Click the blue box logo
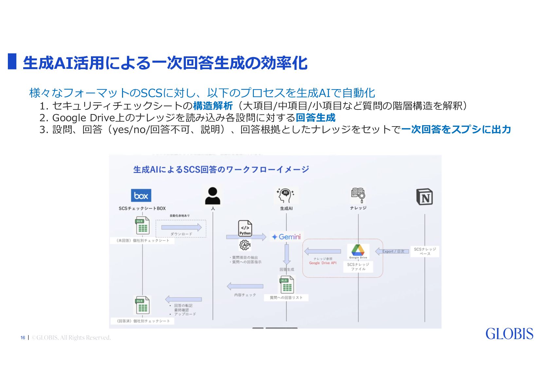[141, 196]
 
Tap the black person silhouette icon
[213, 196]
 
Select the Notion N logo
[424, 197]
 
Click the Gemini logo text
[286, 237]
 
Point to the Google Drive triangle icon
[358, 250]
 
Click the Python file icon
[245, 228]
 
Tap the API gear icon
[245, 245]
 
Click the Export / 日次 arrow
[392, 251]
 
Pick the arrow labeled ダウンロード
[181, 227]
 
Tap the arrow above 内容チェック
[245, 286]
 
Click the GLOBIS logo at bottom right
[509, 334]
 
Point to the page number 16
[23, 338]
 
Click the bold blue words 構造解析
[213, 106]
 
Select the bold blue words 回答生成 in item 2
[315, 118]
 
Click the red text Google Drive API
[323, 263]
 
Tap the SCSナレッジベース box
[425, 251]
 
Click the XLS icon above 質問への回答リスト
[287, 284]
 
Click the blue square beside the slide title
[12, 61]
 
